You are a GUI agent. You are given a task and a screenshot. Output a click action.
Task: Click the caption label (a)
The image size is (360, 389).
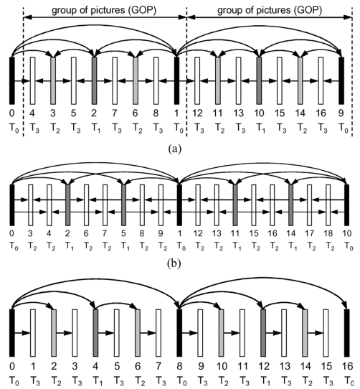175,149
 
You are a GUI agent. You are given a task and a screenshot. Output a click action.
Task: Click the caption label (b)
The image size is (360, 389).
174,264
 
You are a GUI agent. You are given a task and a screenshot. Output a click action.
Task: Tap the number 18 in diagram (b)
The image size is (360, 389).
328,233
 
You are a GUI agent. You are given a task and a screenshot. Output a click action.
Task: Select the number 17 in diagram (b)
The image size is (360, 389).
309,233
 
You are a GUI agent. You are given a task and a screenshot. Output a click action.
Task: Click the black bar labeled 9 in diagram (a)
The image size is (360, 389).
341,80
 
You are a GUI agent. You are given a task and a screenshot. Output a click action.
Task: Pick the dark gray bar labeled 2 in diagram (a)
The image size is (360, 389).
94,80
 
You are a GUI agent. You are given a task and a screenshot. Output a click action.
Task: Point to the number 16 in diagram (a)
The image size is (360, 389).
321,113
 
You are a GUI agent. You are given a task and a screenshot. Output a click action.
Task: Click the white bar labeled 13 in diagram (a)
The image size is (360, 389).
239,80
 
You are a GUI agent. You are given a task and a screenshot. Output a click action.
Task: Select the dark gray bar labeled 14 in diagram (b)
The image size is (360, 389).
291,205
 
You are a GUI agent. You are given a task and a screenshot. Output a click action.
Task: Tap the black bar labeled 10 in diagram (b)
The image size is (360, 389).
346,205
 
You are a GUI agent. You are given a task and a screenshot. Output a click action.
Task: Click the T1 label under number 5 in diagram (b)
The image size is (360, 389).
124,246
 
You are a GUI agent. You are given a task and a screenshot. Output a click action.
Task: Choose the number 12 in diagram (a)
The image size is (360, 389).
197,113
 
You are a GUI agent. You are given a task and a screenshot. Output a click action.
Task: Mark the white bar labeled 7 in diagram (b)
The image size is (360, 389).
105,205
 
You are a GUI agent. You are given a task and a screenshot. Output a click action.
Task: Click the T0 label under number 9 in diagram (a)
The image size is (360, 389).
342,128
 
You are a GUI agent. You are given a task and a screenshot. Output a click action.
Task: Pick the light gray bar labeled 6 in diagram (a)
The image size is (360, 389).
136,80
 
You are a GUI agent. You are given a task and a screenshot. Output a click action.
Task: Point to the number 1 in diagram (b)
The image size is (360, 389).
179,233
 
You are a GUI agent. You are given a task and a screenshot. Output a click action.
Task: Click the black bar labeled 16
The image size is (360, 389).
347,333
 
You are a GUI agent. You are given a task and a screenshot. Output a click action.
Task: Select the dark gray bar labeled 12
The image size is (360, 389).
263,333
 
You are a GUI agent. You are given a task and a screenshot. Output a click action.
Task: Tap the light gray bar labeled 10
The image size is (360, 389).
221,333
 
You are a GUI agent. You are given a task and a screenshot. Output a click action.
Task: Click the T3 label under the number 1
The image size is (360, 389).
34,380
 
